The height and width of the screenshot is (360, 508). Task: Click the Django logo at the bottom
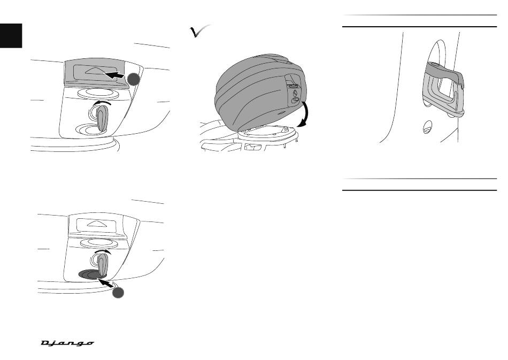coord(67,343)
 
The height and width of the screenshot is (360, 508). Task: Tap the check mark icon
coord(199,31)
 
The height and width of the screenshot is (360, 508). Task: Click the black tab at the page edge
coord(11,36)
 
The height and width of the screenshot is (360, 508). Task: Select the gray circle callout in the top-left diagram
coord(134,79)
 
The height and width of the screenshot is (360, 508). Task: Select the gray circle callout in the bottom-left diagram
coord(118,292)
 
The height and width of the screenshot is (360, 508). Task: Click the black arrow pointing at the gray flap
coord(114,75)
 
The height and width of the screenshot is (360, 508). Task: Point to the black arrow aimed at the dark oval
coord(106,282)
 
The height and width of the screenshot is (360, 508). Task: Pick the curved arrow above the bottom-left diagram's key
coord(102,251)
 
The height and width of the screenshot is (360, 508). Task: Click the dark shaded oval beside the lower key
coord(91,274)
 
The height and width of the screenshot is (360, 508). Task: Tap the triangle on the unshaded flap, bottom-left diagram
coord(97,224)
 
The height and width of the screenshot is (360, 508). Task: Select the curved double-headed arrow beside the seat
coord(305,113)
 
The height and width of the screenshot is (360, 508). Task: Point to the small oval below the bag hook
coord(427,127)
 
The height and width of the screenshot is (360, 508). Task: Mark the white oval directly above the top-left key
coord(98,93)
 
